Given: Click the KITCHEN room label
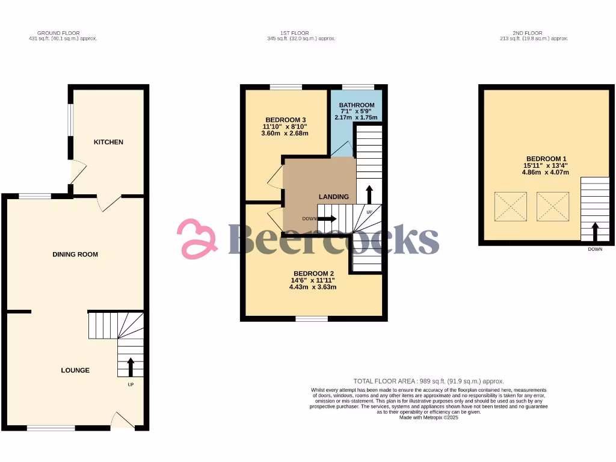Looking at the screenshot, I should tap(108, 142).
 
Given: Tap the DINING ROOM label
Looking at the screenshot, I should tap(75, 254).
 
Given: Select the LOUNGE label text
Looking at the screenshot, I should tap(75, 371).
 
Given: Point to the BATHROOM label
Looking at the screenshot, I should tap(357, 105).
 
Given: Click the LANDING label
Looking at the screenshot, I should tap(334, 197).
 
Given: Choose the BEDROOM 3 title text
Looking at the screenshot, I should tap(285, 119).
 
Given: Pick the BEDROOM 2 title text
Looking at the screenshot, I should tap(313, 273).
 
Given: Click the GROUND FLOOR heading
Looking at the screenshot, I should tap(58, 33).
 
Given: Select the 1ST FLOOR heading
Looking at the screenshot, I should tap(301, 33).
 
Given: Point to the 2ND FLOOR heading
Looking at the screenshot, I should tap(528, 33).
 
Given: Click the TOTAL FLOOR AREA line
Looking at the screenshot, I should tap(428, 381).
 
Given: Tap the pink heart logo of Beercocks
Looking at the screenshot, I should tap(197, 239).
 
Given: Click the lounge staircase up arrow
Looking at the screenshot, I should tap(131, 365).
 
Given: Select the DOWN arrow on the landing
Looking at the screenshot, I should tap(328, 219).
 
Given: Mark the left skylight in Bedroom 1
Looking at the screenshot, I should tap(511, 206).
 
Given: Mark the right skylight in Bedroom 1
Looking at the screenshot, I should tap(553, 206).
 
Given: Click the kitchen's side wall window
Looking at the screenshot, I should tap(70, 120).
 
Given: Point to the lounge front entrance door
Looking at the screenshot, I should tap(123, 420).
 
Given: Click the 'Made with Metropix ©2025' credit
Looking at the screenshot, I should tap(428, 417).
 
